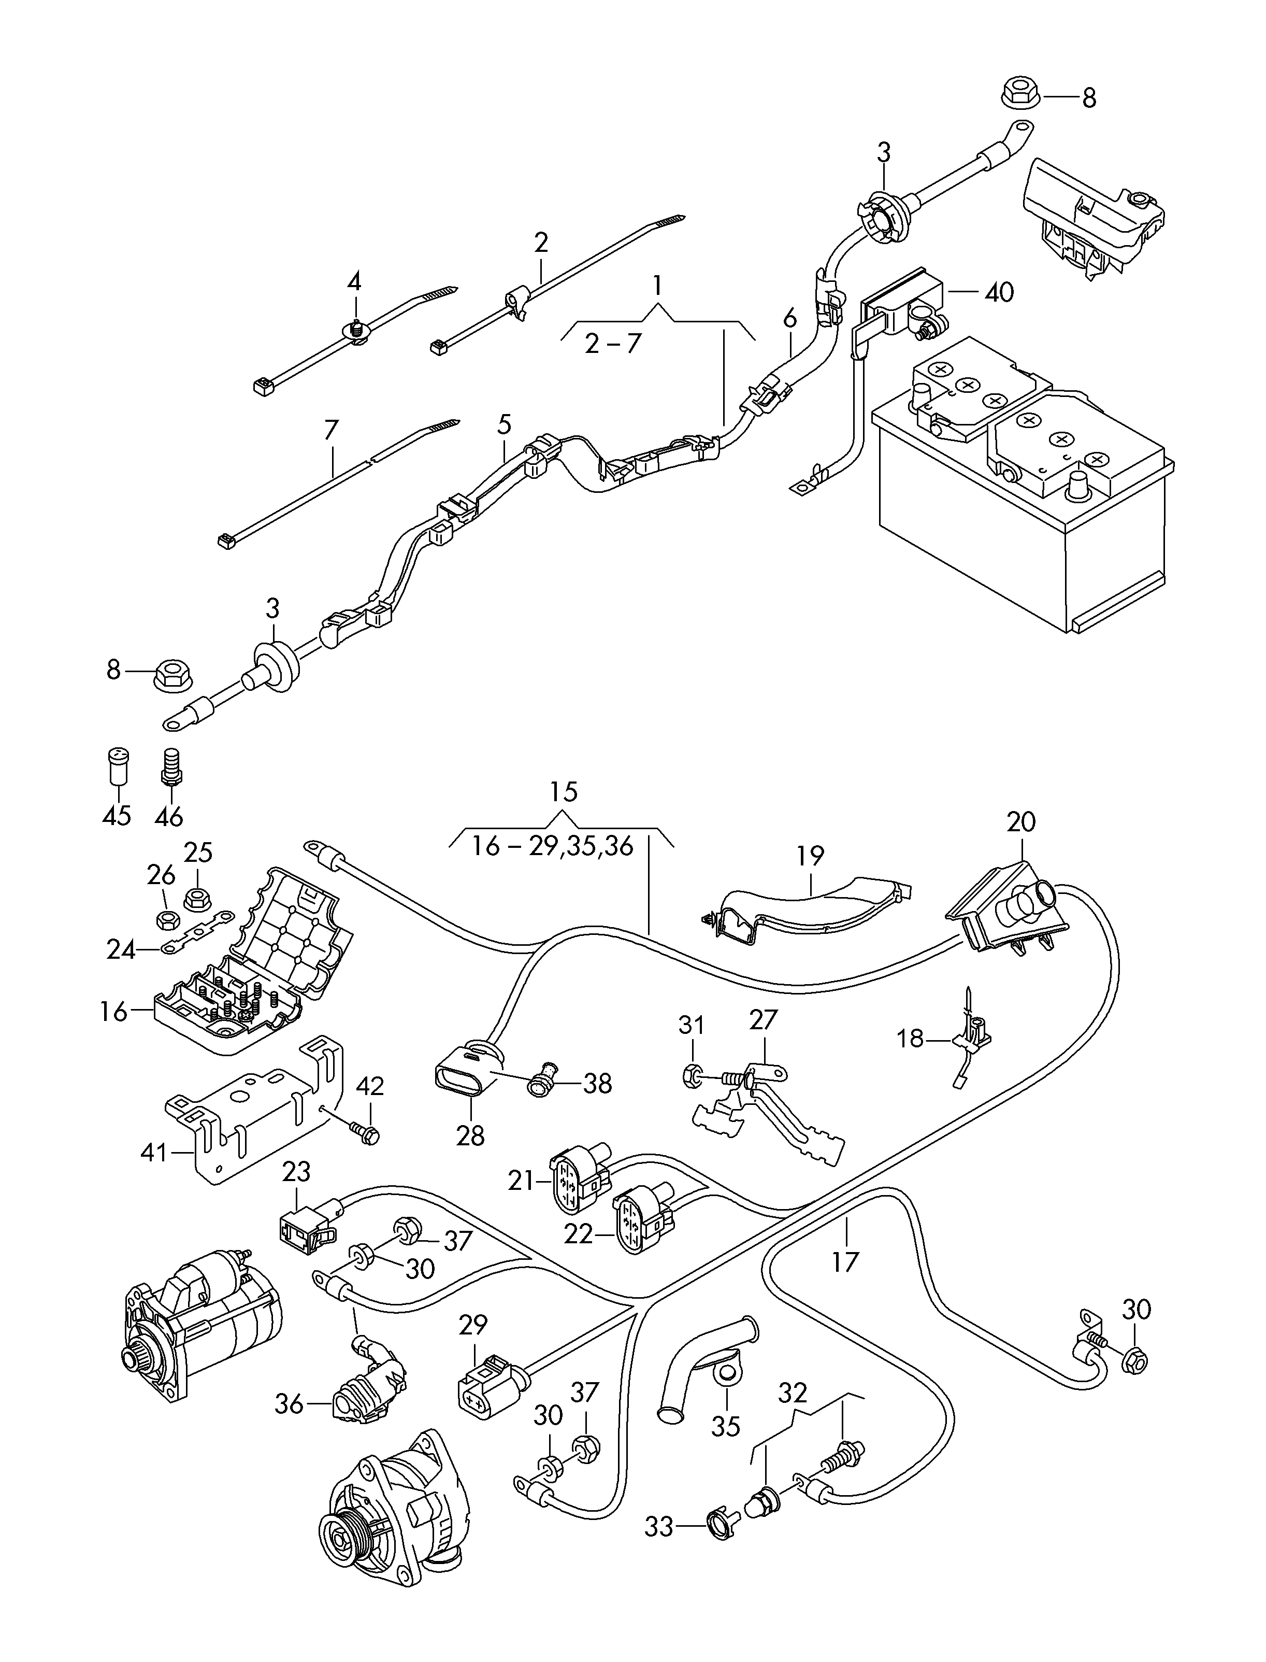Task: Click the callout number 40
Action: click(x=999, y=292)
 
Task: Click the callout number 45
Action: click(x=117, y=815)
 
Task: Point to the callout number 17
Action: click(x=845, y=1261)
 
